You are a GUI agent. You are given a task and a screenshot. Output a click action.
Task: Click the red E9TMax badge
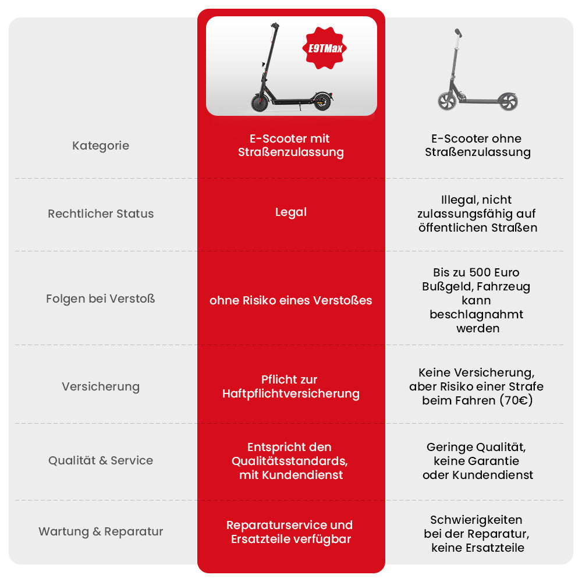(x=324, y=48)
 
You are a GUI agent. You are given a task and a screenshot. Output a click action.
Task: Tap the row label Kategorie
(x=101, y=146)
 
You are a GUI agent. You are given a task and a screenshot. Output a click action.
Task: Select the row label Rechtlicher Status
(x=101, y=214)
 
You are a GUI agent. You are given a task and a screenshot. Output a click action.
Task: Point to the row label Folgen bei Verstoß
(x=101, y=299)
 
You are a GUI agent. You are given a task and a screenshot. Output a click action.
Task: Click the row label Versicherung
(x=101, y=386)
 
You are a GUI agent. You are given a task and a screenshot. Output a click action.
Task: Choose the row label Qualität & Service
(x=101, y=460)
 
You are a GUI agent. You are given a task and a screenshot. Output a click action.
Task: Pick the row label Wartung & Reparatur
(x=101, y=531)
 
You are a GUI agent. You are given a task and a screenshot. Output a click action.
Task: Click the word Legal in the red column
(x=291, y=212)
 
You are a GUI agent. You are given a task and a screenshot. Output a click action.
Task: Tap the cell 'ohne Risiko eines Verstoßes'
(x=291, y=300)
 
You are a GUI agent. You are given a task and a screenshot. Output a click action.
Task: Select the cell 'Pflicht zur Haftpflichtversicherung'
(x=291, y=386)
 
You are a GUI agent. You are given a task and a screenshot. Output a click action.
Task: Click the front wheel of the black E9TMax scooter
(x=260, y=102)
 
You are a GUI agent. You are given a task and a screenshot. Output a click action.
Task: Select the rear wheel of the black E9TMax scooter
(x=322, y=101)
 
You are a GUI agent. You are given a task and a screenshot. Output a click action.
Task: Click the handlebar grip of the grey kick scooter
(x=459, y=33)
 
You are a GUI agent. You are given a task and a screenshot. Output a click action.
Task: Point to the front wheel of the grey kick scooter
(x=447, y=101)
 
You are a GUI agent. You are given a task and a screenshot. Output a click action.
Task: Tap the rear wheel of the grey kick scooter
(x=508, y=102)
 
